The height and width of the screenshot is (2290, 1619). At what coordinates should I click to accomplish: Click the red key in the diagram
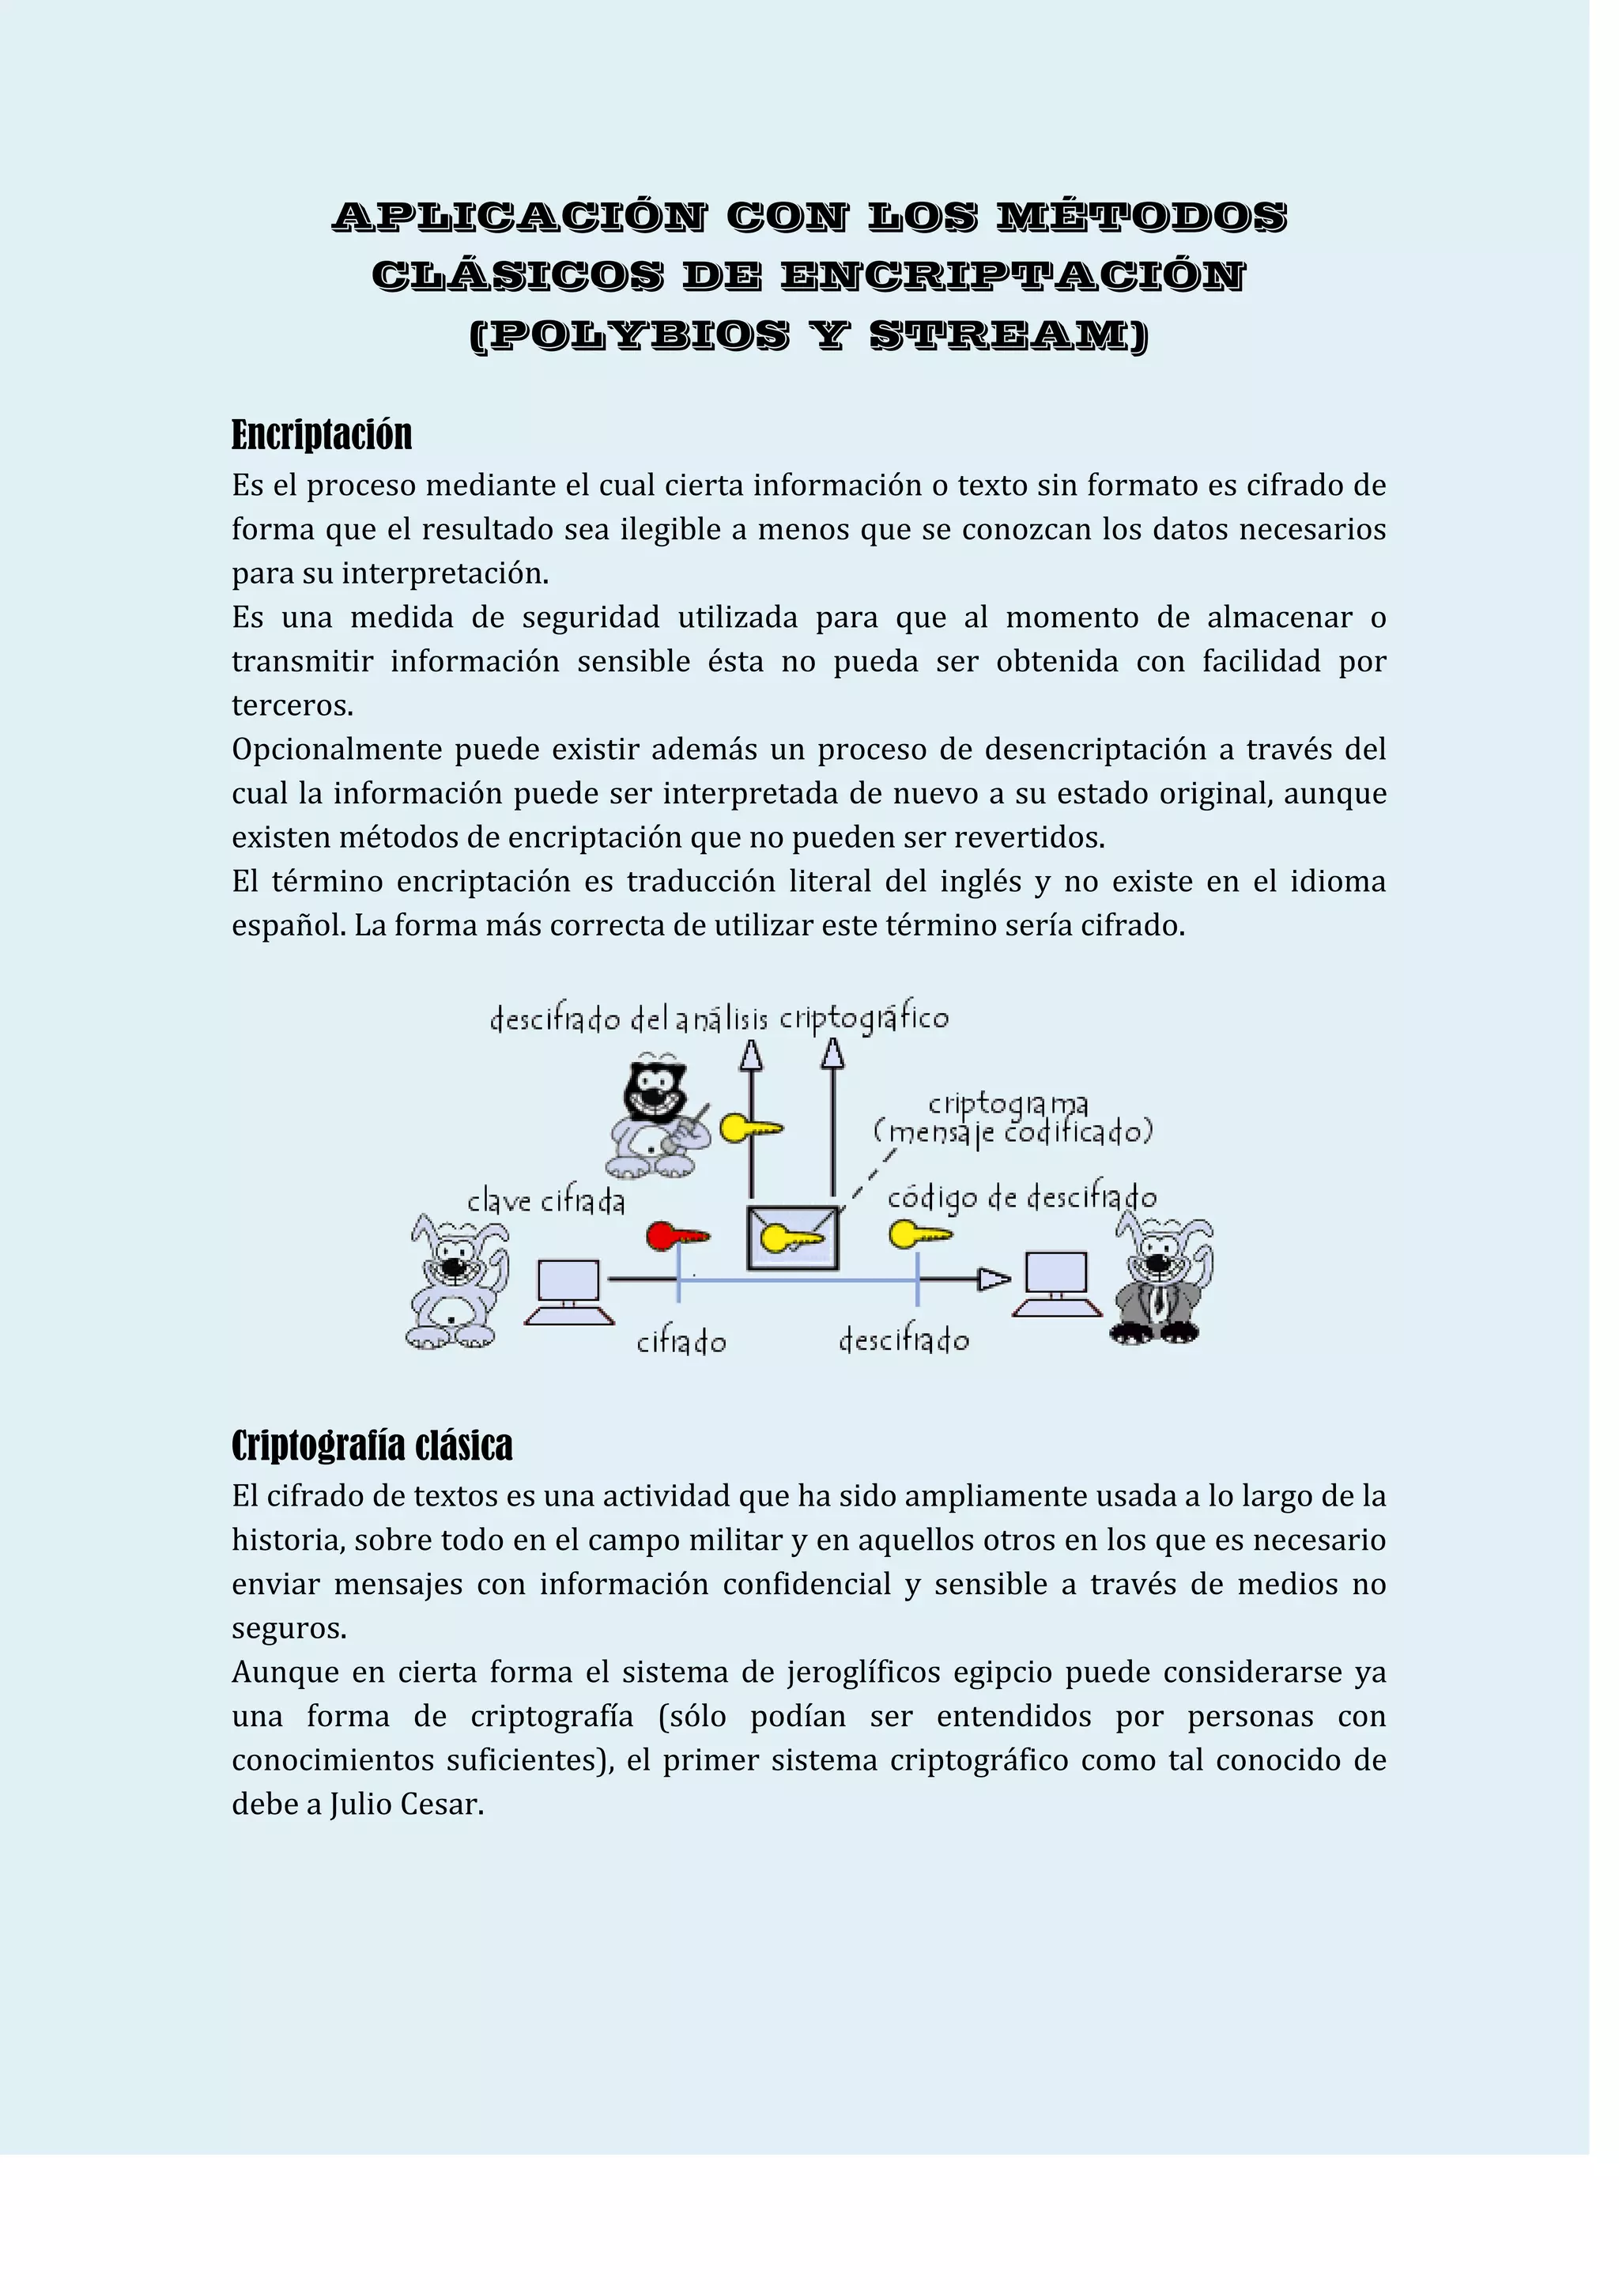coord(676,1237)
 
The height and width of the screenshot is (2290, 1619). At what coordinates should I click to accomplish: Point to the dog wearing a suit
coord(1160,1283)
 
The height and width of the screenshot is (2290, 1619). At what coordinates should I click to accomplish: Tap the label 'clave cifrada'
coord(545,1202)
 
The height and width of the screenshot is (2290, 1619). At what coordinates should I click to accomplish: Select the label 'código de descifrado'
coord(1022,1198)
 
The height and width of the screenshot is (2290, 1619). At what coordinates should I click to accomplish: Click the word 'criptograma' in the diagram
coord(1008,1103)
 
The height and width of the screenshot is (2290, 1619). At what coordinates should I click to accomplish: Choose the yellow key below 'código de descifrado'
coord(919,1236)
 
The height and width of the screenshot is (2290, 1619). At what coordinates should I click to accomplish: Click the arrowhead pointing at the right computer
coord(993,1279)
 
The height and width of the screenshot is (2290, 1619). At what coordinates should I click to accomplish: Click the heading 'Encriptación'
coord(321,435)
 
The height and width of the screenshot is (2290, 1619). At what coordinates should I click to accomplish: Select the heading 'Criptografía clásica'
coord(372,1445)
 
